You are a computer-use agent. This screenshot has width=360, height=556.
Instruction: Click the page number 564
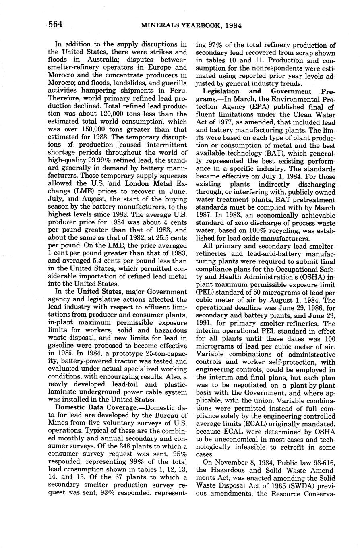56,25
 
